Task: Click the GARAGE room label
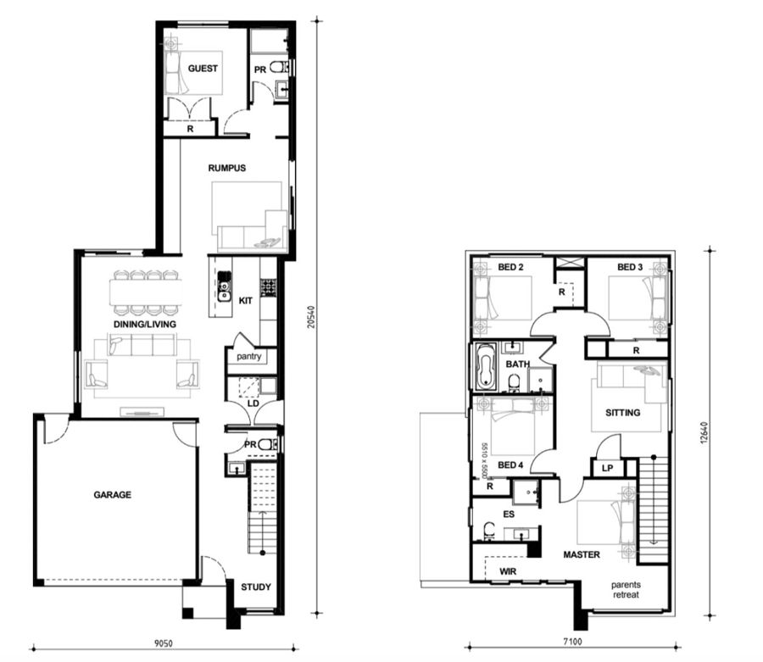[113, 495]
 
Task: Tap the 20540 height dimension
[311, 317]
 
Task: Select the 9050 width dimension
[164, 643]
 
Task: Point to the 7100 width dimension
[572, 642]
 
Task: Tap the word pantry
[248, 357]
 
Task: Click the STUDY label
[256, 587]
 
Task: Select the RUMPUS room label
[226, 169]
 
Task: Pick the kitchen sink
[225, 286]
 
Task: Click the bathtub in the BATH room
[485, 367]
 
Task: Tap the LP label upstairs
[607, 469]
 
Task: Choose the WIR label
[508, 571]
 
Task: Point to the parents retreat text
[626, 589]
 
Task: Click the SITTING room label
[623, 413]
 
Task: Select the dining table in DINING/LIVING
[146, 292]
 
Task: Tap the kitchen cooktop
[268, 287]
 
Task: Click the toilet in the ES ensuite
[487, 531]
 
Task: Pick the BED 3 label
[630, 267]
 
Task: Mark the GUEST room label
[203, 69]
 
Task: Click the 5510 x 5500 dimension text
[484, 460]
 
